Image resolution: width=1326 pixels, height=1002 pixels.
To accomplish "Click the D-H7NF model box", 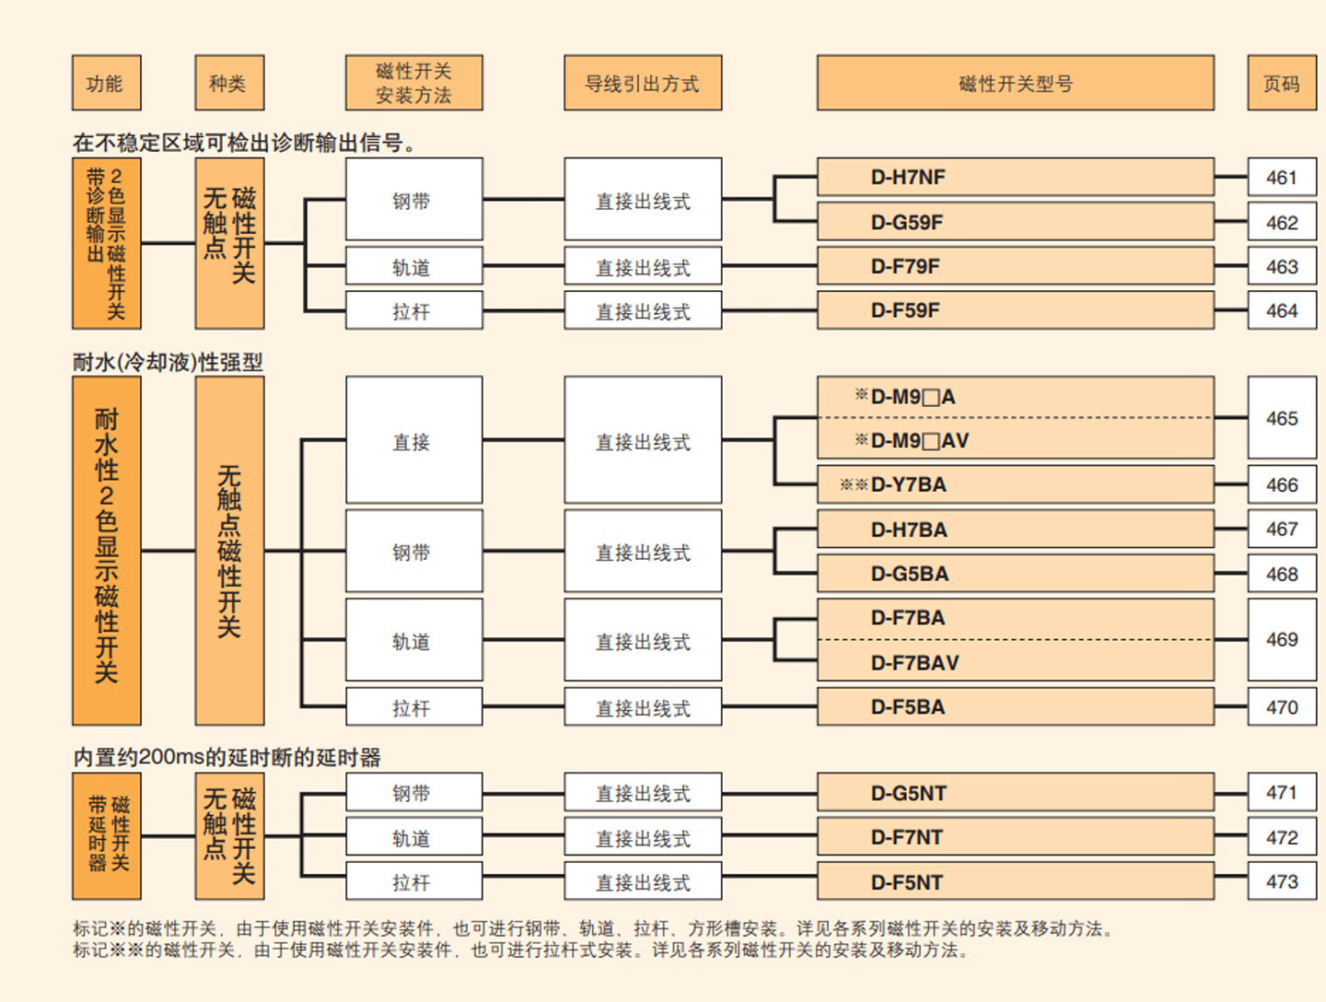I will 1015,177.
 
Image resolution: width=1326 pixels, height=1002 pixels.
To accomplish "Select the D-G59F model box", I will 1015,222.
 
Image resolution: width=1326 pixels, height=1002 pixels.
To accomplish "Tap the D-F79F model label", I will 905,266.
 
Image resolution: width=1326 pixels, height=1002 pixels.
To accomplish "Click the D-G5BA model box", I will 1015,574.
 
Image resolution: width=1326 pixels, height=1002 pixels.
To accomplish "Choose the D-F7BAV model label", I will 914,662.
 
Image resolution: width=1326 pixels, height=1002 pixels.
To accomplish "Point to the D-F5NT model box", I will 1015,882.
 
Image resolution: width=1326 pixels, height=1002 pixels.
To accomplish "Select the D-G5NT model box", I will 1015,793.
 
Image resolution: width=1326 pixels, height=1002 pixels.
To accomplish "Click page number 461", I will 1281,177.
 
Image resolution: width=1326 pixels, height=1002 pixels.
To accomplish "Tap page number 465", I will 1281,418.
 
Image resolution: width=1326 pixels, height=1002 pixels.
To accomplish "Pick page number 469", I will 1281,639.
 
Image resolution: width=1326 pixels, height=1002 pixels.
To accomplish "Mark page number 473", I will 1281,881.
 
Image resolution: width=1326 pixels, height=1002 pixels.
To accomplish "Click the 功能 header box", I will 106,83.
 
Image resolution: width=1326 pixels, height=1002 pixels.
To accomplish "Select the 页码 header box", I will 1281,83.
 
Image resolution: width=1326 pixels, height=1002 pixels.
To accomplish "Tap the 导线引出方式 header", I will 642,83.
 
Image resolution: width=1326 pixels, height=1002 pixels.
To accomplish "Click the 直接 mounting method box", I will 413,441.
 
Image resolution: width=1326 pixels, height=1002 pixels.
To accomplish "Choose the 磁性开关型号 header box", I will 1015,83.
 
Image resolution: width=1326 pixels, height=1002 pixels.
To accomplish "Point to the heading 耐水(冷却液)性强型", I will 168,362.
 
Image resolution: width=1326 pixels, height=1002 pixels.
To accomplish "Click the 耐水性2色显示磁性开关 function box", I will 107,550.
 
